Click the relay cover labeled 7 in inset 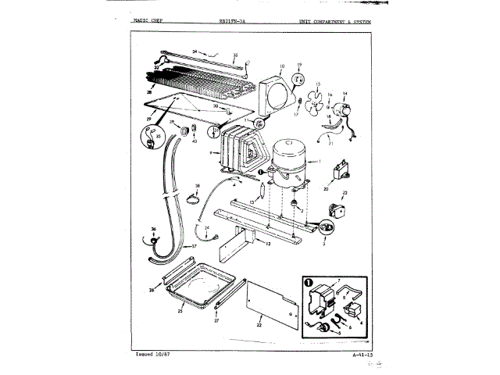point(321,297)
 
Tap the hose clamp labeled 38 point(190,198)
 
